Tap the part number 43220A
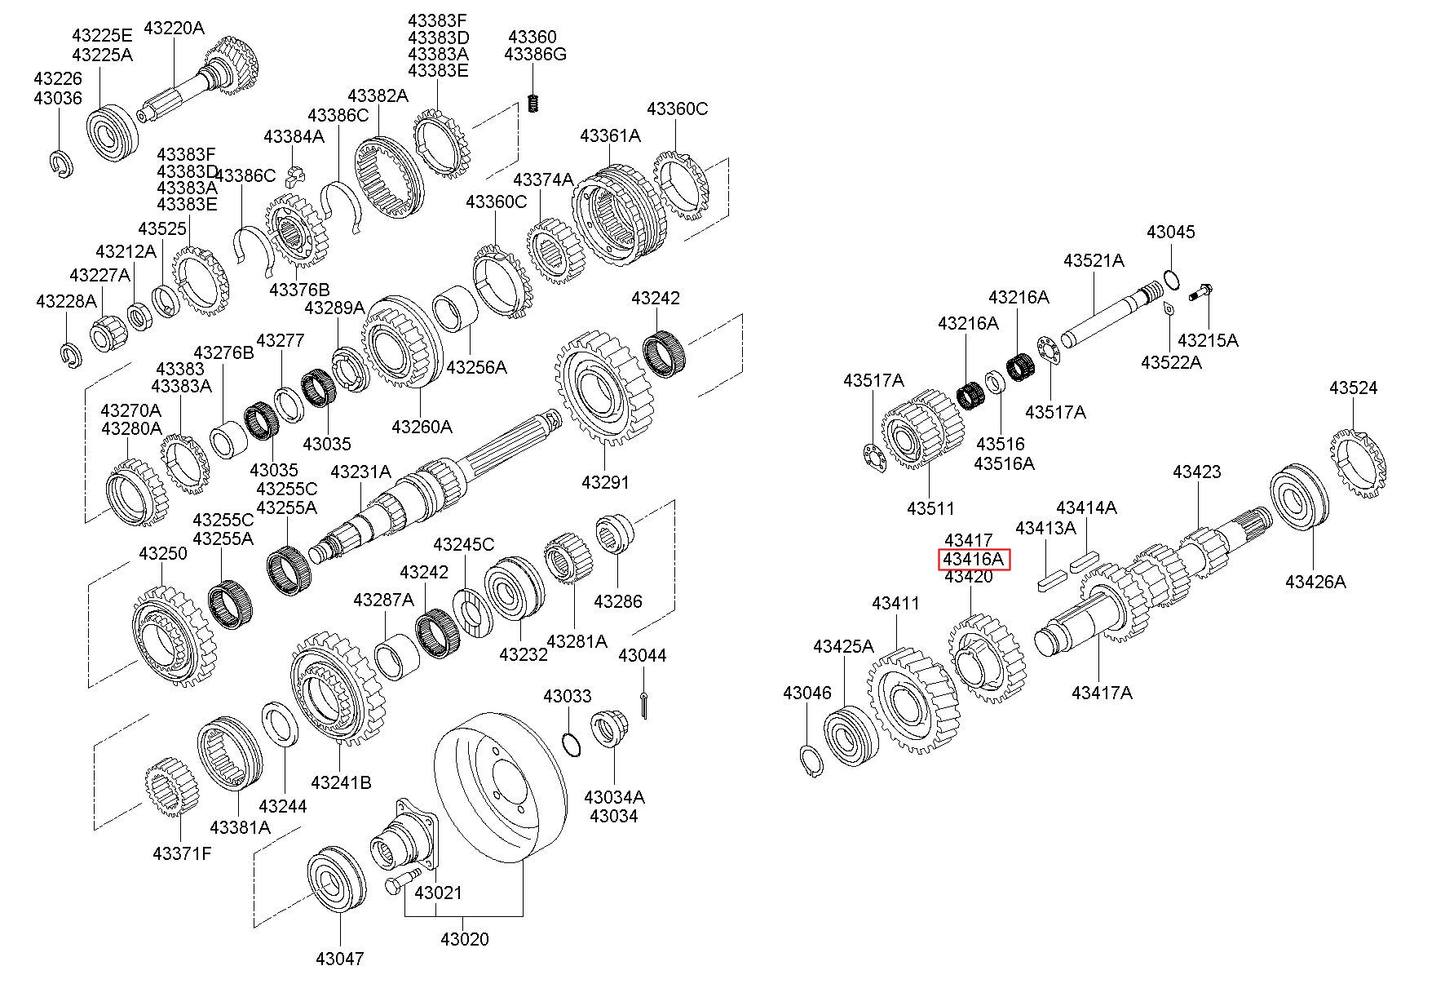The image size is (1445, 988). (174, 28)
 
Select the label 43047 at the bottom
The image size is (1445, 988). (339, 958)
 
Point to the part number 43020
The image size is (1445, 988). (465, 939)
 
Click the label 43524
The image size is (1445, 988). (1353, 388)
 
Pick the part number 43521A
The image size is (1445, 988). (1093, 261)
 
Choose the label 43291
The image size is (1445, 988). (605, 482)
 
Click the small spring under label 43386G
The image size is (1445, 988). (533, 104)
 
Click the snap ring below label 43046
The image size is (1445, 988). (811, 761)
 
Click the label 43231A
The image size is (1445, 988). (360, 472)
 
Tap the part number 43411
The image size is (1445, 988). (895, 604)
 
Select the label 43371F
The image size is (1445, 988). (182, 854)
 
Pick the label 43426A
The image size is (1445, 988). (1315, 582)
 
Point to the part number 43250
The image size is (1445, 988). (162, 553)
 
